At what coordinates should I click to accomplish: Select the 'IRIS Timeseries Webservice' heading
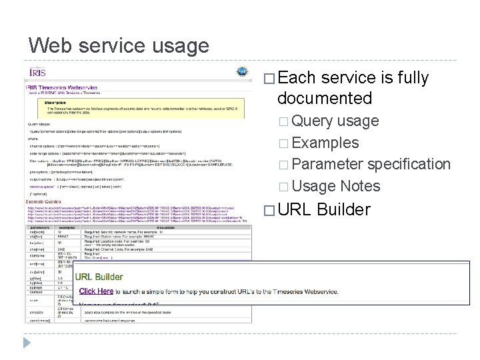(70, 87)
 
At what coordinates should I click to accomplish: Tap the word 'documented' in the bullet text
(324, 99)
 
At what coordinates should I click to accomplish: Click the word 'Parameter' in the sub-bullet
(327, 164)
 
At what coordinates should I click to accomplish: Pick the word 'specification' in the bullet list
(409, 164)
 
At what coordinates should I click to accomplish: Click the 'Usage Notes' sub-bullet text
(336, 186)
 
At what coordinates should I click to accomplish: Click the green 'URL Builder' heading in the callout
(99, 277)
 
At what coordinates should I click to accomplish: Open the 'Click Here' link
(96, 291)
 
